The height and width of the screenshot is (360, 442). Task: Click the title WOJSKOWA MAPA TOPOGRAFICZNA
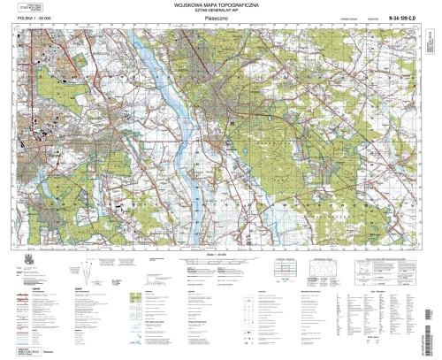point(220,8)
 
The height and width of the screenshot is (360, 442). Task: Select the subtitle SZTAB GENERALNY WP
point(220,14)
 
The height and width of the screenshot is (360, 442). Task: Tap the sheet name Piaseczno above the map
point(220,20)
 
